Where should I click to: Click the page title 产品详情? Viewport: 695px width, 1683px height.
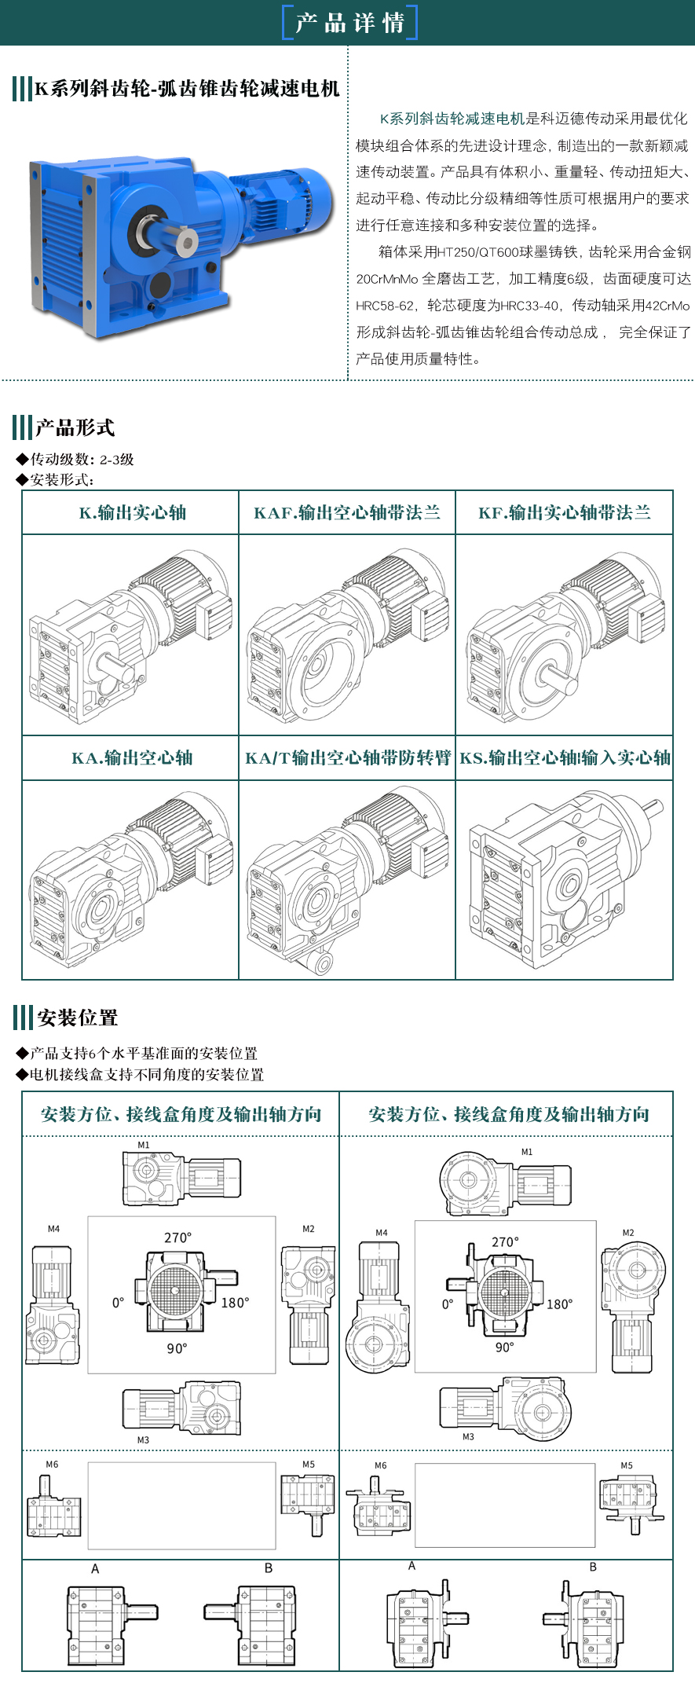[x=349, y=23]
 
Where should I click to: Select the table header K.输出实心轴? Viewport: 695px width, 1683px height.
[x=133, y=513]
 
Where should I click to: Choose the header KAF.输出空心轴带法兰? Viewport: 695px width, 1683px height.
[x=347, y=513]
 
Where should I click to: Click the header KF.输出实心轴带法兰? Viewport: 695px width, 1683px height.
[x=565, y=513]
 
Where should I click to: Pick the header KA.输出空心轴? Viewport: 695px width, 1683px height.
[x=132, y=758]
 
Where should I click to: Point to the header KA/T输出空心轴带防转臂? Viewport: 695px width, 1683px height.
[x=348, y=758]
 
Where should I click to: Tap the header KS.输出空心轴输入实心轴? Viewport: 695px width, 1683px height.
[x=565, y=758]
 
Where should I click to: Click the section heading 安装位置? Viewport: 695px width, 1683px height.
[x=77, y=1018]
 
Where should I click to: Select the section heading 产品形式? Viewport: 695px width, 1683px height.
[x=75, y=427]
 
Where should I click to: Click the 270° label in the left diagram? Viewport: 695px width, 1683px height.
[x=177, y=1237]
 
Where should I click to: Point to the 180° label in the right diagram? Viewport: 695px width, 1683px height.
[x=559, y=1304]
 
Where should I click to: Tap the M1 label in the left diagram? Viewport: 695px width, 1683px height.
[x=144, y=1145]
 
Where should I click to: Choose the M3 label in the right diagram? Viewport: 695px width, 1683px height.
[x=468, y=1436]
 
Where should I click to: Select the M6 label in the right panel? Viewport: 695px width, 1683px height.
[x=381, y=1465]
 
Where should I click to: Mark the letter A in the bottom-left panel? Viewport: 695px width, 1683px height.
[x=95, y=1569]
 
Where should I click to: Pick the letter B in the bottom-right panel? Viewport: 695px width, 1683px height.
[x=593, y=1567]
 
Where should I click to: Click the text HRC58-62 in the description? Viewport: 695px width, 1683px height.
[x=384, y=306]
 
